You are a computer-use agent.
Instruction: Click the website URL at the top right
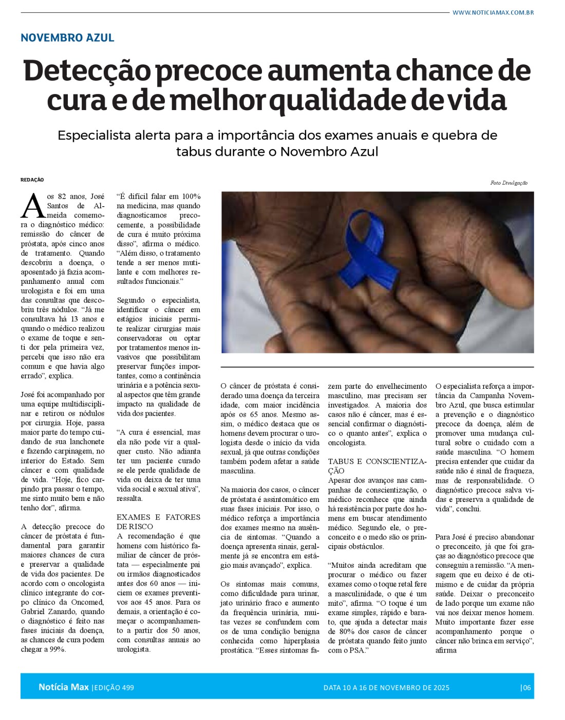pos(493,12)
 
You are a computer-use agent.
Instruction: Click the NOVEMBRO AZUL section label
pos(67,38)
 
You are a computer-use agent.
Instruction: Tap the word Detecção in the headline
pos(88,72)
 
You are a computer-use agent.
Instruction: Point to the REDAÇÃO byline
pos(32,180)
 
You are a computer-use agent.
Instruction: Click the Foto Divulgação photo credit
pos(509,183)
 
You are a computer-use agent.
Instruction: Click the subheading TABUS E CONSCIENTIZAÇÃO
pos(376,465)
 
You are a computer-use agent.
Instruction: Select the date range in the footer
pos(386,688)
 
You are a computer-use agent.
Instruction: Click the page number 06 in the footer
pos(526,688)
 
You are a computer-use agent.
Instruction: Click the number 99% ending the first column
pos(58,650)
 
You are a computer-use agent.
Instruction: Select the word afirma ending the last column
pos(446,650)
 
